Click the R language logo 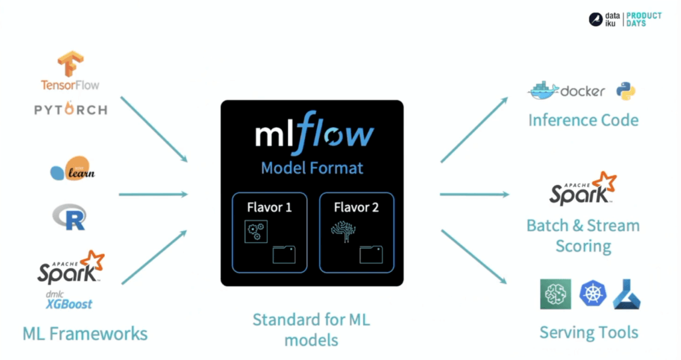pyautogui.click(x=69, y=216)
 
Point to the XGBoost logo pyautogui.click(x=69, y=303)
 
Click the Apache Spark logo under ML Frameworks pyautogui.click(x=71, y=268)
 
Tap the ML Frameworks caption pyautogui.click(x=85, y=333)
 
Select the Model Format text pyautogui.click(x=312, y=167)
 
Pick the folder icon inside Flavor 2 pyautogui.click(x=371, y=254)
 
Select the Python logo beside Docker pyautogui.click(x=626, y=91)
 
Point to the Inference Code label pyautogui.click(x=583, y=120)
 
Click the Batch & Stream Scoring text pyautogui.click(x=583, y=236)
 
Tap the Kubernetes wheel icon pyautogui.click(x=592, y=293)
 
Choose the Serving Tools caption pyautogui.click(x=589, y=332)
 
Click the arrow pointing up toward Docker pyautogui.click(x=474, y=130)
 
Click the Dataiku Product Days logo pyautogui.click(x=624, y=19)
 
